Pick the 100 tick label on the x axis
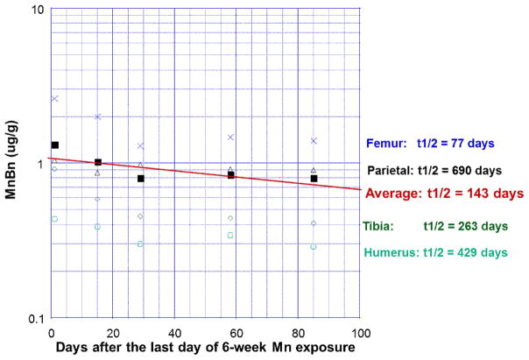point(359,331)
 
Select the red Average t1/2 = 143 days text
point(445,193)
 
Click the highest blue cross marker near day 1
point(54,99)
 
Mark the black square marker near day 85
point(314,179)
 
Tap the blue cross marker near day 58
point(230,138)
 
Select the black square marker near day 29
point(140,179)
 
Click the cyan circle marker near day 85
point(314,247)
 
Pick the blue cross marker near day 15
point(98,116)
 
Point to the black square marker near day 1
point(55,145)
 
